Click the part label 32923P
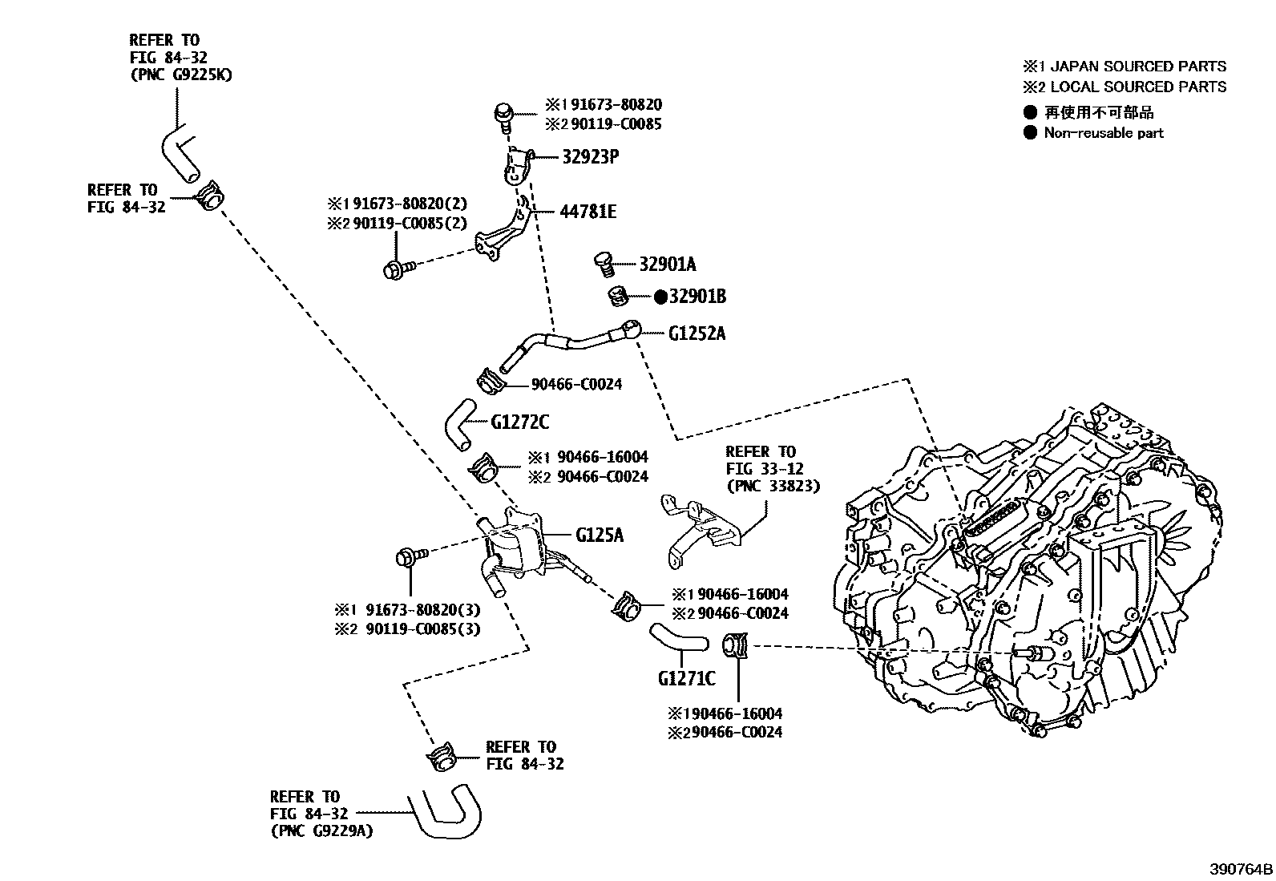point(590,157)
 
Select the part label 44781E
point(588,212)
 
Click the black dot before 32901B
point(661,297)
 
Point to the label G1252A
point(697,333)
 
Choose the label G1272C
point(520,422)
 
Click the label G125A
point(599,534)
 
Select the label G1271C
point(686,678)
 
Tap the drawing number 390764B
point(1241,869)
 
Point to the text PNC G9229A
point(321,830)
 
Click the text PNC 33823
point(773,486)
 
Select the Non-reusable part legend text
point(1103,133)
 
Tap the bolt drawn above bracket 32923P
point(503,115)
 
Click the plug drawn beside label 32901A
point(604,261)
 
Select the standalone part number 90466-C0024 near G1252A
point(576,384)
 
